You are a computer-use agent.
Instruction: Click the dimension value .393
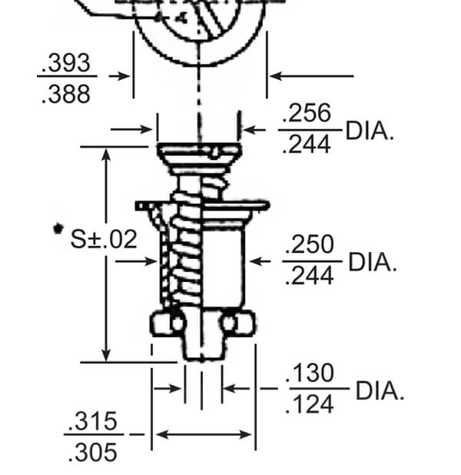coord(67,65)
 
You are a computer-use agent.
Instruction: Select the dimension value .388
coord(67,94)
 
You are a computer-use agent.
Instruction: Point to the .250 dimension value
coord(309,245)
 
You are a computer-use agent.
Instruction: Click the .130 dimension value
coord(310,374)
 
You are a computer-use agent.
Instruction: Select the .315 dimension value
coord(94,422)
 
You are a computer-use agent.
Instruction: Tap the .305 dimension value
coord(94,452)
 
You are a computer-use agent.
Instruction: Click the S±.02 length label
coord(104,239)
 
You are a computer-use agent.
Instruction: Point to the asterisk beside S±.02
coord(57,228)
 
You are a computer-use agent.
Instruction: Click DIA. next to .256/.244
coord(370,130)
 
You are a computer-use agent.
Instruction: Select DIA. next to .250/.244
coord(373,261)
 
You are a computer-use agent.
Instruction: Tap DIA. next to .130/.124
coord(378,390)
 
